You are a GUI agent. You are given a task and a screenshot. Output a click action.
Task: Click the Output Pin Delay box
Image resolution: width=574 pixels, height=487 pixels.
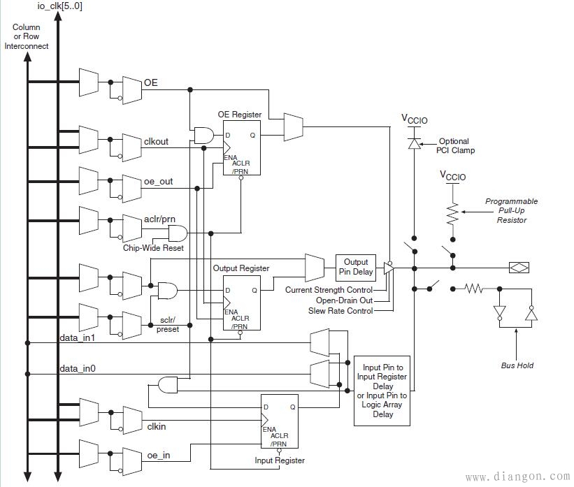355,266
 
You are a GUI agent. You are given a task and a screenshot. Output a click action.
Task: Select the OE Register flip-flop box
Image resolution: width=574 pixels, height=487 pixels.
241,147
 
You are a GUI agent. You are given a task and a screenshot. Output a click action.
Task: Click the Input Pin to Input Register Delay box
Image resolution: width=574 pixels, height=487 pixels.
383,390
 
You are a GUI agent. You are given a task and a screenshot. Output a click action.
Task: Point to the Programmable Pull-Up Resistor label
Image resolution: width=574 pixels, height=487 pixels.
512,210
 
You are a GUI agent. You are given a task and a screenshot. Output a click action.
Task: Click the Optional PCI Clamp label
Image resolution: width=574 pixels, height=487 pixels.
454,145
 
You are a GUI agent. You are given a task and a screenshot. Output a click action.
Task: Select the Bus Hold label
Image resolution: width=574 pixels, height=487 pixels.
517,365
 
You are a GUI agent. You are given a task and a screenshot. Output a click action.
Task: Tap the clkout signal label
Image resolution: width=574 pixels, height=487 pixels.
156,142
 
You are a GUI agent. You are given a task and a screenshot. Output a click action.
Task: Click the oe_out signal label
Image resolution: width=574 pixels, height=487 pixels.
158,182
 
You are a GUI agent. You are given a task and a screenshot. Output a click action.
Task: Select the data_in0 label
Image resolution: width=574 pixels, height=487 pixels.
78,368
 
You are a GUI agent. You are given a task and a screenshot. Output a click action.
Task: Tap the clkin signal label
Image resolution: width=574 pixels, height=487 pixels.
156,426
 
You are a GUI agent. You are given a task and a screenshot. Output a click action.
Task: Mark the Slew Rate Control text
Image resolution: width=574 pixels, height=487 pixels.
340,310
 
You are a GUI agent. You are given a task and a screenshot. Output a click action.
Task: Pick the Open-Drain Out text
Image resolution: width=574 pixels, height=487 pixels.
345,300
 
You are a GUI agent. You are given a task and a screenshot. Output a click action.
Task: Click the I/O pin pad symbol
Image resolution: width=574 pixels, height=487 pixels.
519,267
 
